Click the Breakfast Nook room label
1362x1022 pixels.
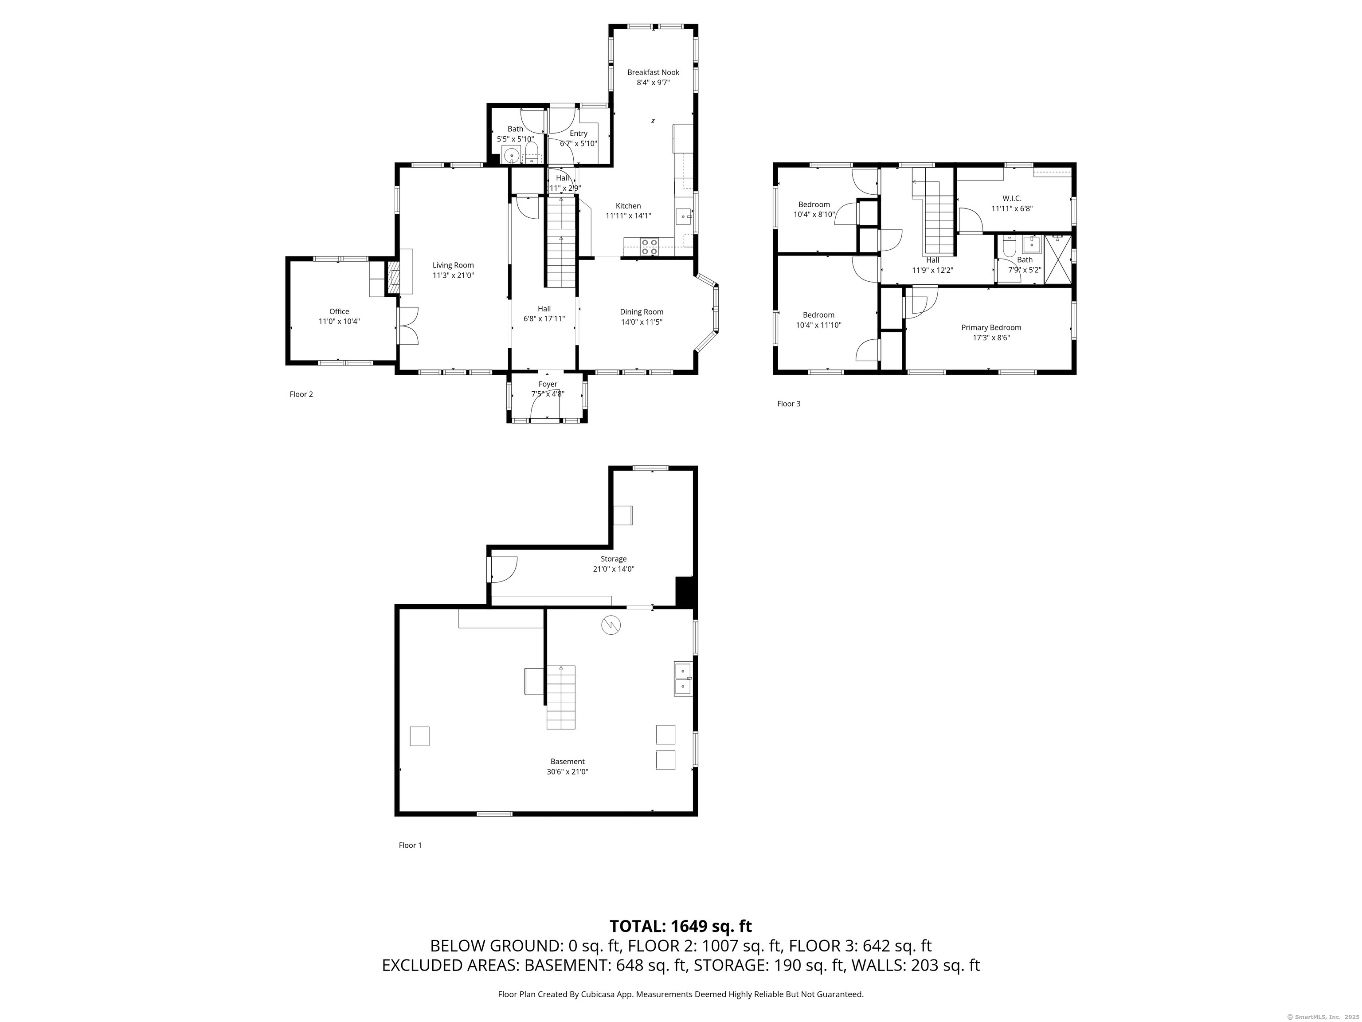coord(654,72)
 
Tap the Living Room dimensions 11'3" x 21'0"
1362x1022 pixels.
coord(453,275)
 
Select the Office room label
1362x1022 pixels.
coord(339,311)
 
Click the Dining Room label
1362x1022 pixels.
coord(642,312)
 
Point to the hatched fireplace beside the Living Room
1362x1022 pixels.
coord(392,278)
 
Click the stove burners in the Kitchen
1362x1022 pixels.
coord(649,247)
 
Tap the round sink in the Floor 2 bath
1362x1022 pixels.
coord(510,156)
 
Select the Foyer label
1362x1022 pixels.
coord(548,384)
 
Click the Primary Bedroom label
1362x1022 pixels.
coord(991,327)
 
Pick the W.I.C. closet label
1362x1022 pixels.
coord(1012,198)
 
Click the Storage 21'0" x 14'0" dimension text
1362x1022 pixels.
coord(613,569)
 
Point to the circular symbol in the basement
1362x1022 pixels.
coord(611,625)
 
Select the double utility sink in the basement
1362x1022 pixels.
coord(682,678)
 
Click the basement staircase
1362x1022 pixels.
coord(561,697)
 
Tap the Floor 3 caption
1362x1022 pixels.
coord(789,404)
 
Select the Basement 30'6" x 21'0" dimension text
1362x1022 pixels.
coord(567,771)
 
